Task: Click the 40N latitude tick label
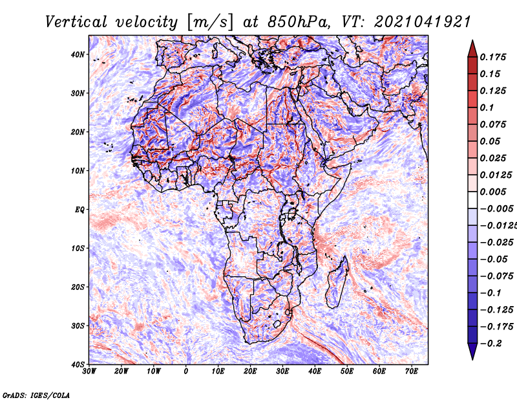coord(78,54)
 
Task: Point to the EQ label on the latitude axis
coord(79,210)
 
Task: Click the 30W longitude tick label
coord(89,372)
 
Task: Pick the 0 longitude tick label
coord(186,372)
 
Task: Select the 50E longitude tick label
coord(347,372)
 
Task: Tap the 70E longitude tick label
coord(411,372)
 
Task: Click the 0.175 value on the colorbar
coord(493,58)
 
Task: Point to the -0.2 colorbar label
coord(491,344)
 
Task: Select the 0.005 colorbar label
coord(493,192)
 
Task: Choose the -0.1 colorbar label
coord(491,293)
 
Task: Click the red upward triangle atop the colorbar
coord(472,50)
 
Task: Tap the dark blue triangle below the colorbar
coord(472,351)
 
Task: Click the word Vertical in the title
coord(76,22)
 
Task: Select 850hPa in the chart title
coord(298,22)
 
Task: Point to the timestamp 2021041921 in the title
coord(423,22)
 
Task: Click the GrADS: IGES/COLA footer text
coord(36,395)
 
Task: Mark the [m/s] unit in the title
coord(210,22)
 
